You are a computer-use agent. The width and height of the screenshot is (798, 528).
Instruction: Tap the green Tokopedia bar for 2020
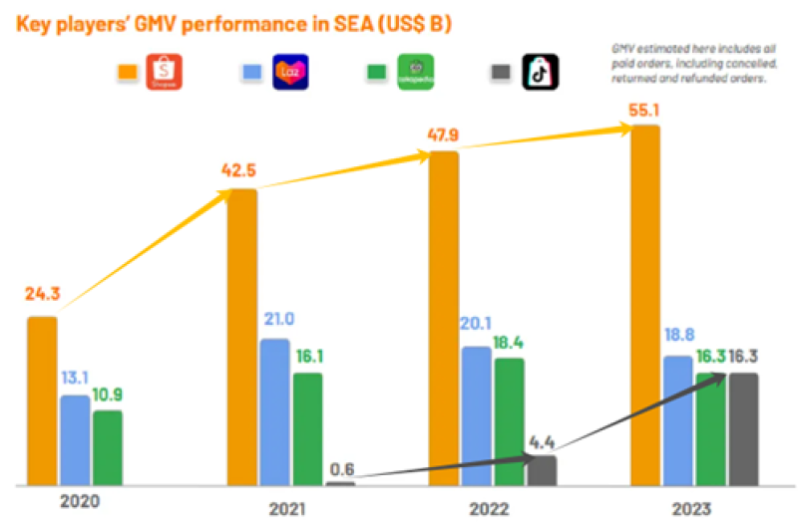108,447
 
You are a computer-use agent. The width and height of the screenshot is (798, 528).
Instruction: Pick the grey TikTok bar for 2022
542,470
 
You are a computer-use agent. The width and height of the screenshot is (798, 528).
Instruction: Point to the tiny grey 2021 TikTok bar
341,483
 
